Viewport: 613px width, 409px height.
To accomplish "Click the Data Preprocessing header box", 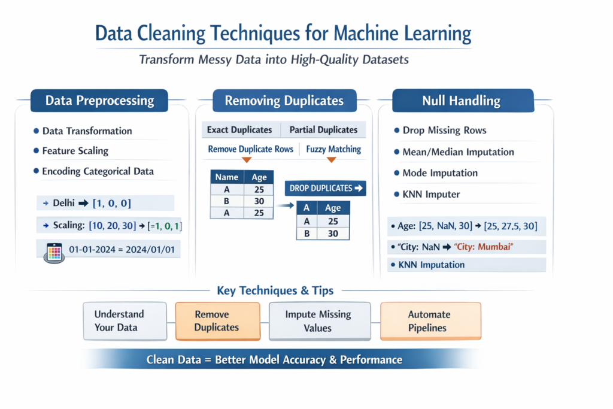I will [99, 101].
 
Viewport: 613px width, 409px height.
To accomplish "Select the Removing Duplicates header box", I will [284, 101].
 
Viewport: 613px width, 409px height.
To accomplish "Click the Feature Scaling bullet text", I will [75, 151].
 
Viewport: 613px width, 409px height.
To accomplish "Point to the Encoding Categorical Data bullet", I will [98, 171].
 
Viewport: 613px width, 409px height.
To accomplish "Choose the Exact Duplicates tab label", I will [239, 130].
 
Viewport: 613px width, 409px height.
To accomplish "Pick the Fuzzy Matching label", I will [333, 149].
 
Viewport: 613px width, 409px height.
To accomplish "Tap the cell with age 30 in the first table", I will [259, 201].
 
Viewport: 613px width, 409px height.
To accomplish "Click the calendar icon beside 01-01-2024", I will [54, 252].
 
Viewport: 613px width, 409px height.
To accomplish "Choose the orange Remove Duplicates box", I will [217, 321].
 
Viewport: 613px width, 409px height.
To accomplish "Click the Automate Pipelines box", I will [430, 321].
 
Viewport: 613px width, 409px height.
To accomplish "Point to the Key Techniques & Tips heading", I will [275, 291].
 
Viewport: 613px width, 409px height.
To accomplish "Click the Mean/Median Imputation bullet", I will [458, 152].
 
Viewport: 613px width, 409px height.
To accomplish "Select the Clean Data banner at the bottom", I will [274, 360].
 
